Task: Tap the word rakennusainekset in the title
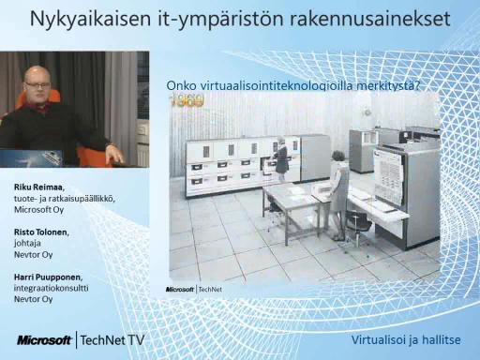369,19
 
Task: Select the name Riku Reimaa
39,187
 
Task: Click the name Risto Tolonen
41,232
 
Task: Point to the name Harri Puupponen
48,277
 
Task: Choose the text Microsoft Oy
38,210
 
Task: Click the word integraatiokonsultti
51,288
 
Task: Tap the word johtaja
27,244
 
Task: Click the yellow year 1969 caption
187,101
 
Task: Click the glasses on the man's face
37,84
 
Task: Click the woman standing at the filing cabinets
281,158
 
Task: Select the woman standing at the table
337,195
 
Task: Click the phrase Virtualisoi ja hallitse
406,339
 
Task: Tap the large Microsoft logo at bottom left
44,340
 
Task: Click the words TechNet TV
112,340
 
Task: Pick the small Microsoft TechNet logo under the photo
194,290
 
